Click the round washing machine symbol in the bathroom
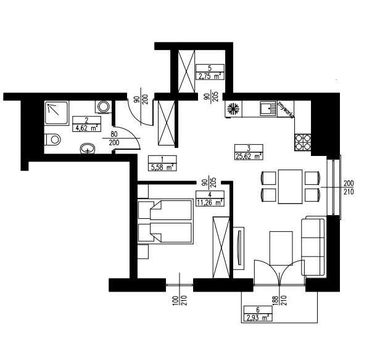click(103, 107)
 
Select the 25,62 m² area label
click(249, 152)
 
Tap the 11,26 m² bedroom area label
click(210, 197)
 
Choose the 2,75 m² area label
click(210, 73)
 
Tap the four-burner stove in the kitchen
click(304, 142)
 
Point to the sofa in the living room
click(315, 246)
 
